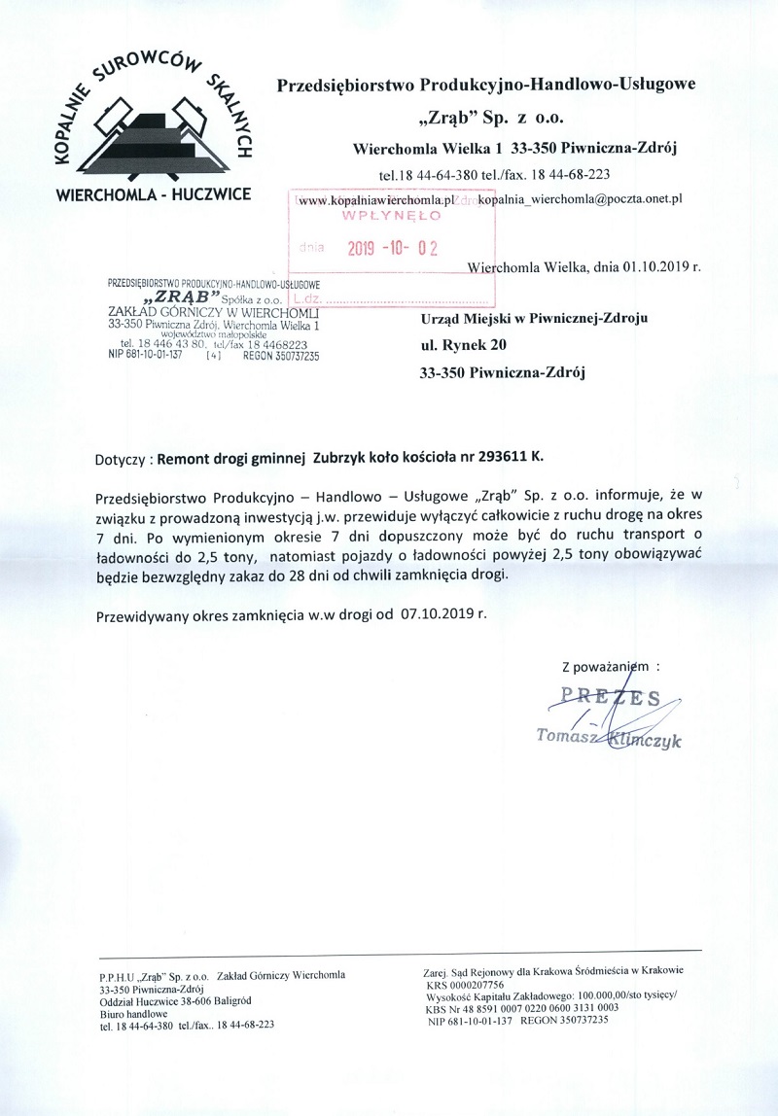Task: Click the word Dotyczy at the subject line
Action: (x=122, y=457)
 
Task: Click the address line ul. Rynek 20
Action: (x=462, y=344)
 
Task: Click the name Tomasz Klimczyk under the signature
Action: (x=610, y=740)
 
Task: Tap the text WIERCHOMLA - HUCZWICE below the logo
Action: (x=154, y=193)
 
